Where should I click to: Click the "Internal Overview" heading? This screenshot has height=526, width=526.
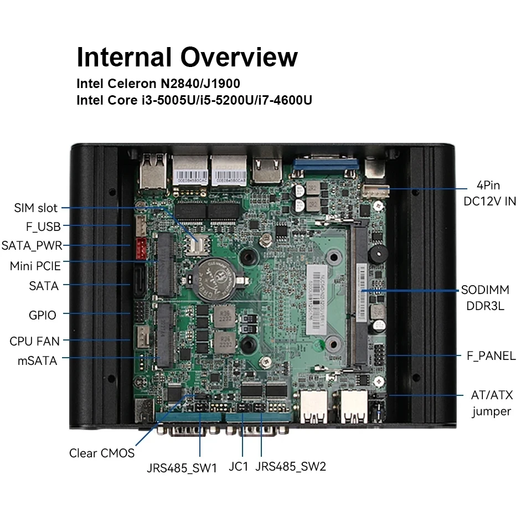[187, 57]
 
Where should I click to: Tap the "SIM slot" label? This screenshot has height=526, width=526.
[35, 208]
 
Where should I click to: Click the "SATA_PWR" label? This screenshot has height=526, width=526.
[32, 245]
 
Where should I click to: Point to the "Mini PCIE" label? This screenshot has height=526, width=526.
[35, 266]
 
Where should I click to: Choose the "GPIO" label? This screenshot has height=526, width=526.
[43, 315]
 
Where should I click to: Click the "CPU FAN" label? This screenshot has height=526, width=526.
[34, 341]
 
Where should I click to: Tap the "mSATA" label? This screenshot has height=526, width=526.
[37, 361]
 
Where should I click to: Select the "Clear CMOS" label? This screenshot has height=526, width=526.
[102, 453]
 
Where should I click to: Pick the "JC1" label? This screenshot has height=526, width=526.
[238, 467]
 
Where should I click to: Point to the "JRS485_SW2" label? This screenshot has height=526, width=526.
[291, 467]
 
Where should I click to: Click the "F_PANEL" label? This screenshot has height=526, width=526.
[488, 355]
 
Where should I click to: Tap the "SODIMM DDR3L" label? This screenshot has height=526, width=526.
[483, 298]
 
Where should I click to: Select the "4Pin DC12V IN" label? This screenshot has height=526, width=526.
[489, 194]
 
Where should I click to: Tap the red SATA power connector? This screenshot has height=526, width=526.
[138, 245]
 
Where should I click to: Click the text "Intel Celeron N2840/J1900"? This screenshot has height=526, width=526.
[158, 84]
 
